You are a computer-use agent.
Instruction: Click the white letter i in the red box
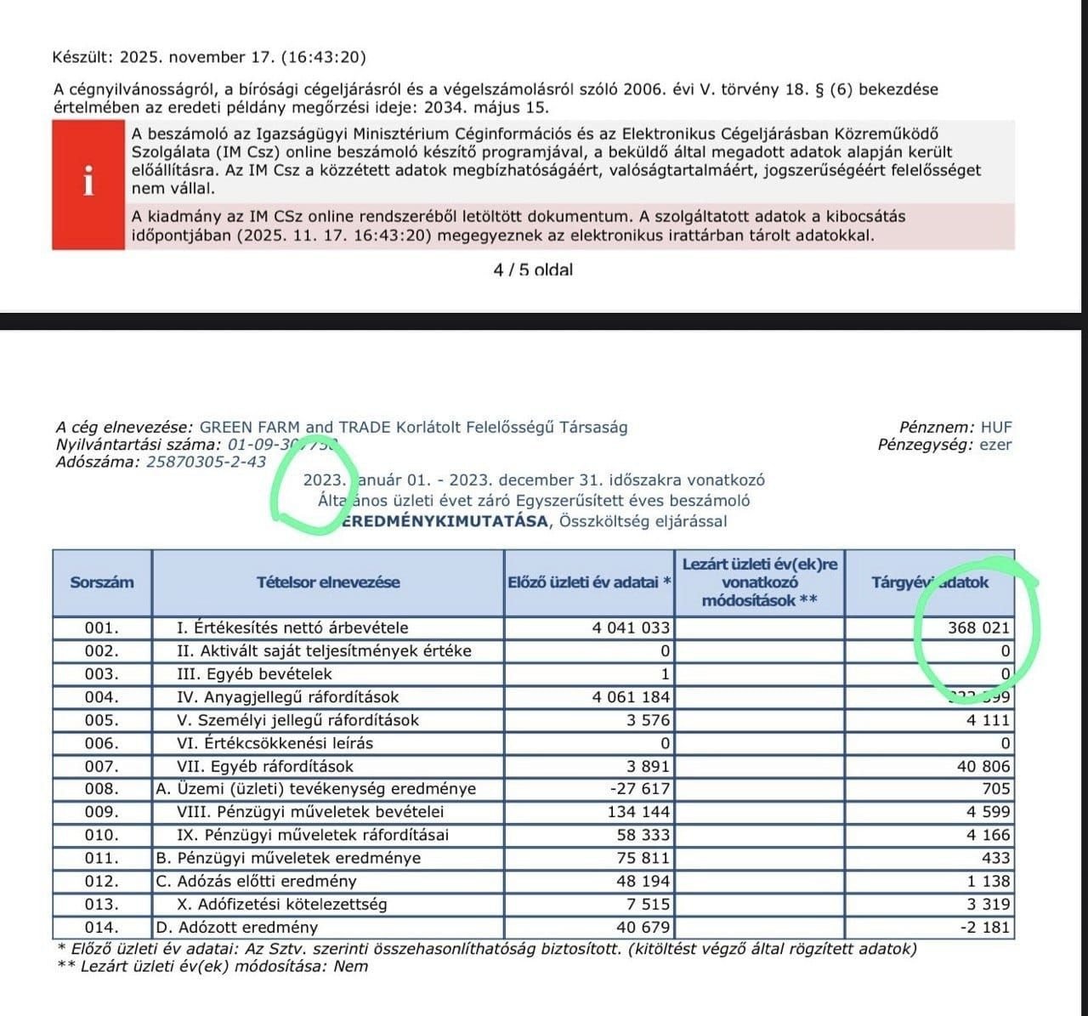(x=88, y=181)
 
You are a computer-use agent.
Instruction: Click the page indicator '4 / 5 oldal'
(x=533, y=270)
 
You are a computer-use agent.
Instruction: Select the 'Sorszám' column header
(x=102, y=582)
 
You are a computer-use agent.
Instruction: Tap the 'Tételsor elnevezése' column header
(x=328, y=582)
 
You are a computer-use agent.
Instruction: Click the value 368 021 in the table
(x=979, y=628)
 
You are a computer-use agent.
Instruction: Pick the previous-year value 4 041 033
(x=631, y=628)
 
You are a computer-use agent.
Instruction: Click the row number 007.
(x=102, y=766)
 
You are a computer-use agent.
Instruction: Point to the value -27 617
(x=641, y=789)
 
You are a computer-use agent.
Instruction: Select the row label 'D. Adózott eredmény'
(x=237, y=927)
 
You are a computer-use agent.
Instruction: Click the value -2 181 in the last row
(x=985, y=927)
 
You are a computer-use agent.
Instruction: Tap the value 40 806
(x=983, y=766)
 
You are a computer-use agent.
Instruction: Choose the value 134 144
(x=639, y=812)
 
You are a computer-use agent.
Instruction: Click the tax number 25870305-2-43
(x=206, y=463)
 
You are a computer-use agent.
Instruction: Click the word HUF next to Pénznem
(x=996, y=428)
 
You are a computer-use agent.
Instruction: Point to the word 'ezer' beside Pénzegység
(x=995, y=445)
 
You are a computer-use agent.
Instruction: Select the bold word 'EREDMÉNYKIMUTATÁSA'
(x=445, y=521)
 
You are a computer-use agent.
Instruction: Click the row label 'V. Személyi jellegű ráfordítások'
(x=298, y=720)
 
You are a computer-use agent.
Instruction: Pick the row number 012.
(x=102, y=881)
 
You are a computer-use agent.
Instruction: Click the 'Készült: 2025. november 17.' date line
(x=209, y=58)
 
